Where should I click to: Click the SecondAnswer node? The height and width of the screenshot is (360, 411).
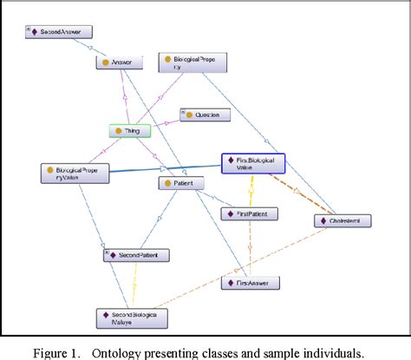pyautogui.click(x=58, y=32)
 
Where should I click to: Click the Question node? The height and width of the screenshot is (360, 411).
pyautogui.click(x=205, y=114)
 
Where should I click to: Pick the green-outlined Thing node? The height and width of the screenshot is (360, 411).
pyautogui.click(x=130, y=131)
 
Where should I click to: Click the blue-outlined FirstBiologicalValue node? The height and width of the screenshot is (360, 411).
pyautogui.click(x=252, y=164)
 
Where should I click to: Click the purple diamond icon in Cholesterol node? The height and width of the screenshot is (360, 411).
pyautogui.click(x=319, y=221)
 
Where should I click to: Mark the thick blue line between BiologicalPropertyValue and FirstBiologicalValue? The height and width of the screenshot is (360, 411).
pyautogui.click(x=165, y=168)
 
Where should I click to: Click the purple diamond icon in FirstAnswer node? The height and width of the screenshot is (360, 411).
pyautogui.click(x=229, y=283)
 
